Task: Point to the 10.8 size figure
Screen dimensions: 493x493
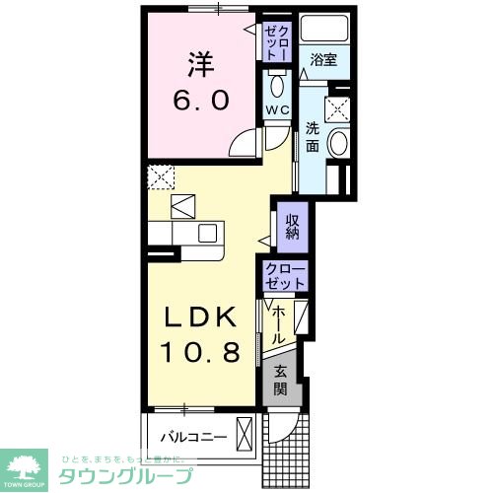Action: point(199,352)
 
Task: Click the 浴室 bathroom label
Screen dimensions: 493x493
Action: point(323,60)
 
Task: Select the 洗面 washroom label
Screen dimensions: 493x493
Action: point(312,135)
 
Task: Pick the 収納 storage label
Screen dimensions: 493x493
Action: point(293,227)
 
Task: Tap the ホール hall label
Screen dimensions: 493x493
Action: point(279,324)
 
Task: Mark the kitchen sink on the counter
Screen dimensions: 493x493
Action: point(207,233)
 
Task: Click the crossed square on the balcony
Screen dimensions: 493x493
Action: point(245,434)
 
